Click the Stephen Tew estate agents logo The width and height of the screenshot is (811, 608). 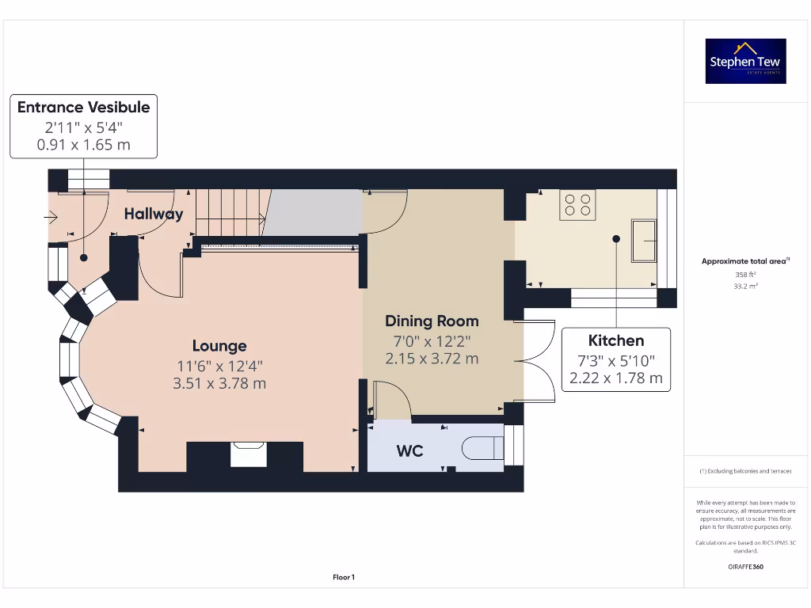(745, 62)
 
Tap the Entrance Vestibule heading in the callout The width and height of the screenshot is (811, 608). (83, 107)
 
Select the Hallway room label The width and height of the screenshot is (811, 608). (153, 214)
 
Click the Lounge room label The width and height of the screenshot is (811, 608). (219, 346)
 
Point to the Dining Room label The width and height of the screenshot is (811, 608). (432, 321)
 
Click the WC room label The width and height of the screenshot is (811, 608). (409, 451)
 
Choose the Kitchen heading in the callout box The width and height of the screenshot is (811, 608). (615, 340)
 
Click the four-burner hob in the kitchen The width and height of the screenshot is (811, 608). (577, 205)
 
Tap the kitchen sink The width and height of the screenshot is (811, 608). (643, 240)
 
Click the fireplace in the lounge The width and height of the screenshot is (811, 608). (249, 454)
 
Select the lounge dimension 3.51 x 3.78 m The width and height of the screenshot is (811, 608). (219, 383)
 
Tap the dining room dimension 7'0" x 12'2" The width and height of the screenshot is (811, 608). (432, 340)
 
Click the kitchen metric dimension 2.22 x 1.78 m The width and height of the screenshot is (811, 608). (615, 378)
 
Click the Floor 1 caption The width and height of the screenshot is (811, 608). (343, 577)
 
